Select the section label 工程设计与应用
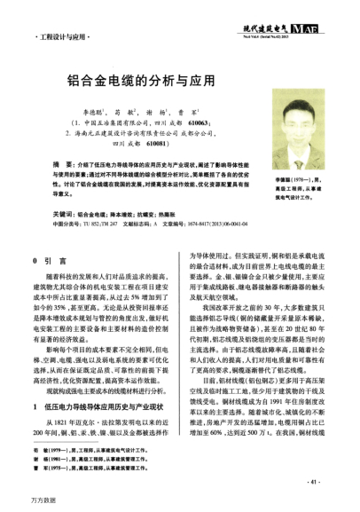[67, 41]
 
